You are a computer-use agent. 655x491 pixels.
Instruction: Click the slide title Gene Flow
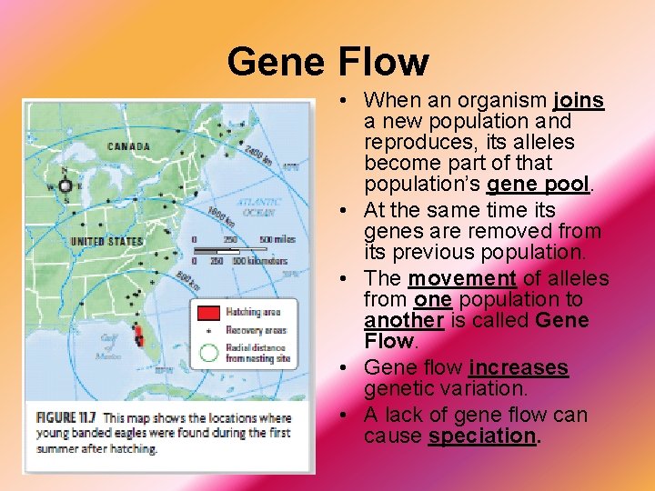click(x=327, y=62)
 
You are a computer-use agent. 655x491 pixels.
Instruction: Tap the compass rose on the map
click(x=65, y=185)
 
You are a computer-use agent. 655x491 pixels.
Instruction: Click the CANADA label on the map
click(x=128, y=145)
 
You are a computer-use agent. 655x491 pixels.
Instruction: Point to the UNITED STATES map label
click(x=106, y=241)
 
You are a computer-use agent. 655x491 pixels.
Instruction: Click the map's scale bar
click(x=229, y=249)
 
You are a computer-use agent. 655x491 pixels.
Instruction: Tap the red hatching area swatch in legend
click(x=208, y=313)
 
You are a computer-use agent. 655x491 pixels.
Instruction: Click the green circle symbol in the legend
click(x=208, y=352)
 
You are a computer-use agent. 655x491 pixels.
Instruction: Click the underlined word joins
click(x=579, y=100)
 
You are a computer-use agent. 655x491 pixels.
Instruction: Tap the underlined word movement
click(x=461, y=278)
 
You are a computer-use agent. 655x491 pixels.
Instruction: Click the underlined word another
click(x=403, y=321)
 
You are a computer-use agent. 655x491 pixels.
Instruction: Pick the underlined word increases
click(x=519, y=367)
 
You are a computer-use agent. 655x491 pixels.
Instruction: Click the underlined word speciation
click(x=482, y=436)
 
